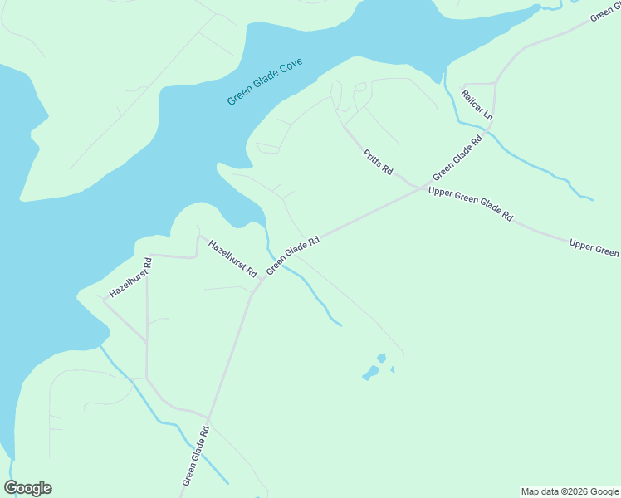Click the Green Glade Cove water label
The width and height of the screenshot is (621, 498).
click(x=265, y=82)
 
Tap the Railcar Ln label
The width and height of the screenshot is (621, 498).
click(x=477, y=105)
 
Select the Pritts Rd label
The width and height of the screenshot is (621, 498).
click(x=378, y=162)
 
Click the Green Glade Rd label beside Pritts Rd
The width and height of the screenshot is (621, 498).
click(x=457, y=159)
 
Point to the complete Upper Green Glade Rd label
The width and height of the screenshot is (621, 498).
click(x=470, y=203)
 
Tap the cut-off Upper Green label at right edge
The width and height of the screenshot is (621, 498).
click(x=594, y=247)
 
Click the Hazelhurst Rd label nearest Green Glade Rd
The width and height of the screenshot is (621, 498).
click(x=232, y=258)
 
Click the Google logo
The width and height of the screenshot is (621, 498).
click(x=28, y=488)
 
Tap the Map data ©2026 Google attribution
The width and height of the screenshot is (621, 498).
click(x=570, y=491)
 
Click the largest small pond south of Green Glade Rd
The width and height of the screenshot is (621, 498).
click(x=369, y=373)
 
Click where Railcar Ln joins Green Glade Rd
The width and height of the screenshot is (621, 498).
click(x=496, y=81)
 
